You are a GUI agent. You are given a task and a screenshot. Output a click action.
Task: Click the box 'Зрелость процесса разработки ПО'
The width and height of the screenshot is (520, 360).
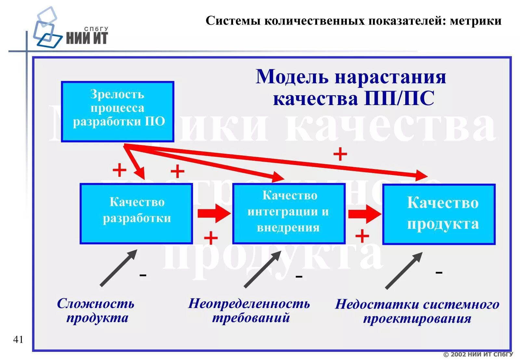117,112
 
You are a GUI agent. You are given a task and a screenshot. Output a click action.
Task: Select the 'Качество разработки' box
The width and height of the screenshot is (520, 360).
136,213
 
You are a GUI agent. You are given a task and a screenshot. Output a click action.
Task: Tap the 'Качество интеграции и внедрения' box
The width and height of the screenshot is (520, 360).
289,213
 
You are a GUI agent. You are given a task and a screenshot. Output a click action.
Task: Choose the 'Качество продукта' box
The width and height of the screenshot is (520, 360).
439,214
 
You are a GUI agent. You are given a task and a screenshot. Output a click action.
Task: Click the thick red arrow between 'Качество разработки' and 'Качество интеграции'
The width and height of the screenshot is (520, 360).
214,213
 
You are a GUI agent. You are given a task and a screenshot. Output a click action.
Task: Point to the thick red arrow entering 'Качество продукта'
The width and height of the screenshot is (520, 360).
364,214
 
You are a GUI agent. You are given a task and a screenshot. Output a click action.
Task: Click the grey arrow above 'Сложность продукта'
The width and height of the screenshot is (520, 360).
118,268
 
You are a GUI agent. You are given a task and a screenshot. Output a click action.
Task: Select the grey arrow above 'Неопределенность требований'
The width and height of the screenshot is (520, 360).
262,269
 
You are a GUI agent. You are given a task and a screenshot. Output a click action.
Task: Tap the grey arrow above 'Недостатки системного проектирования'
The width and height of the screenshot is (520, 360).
404,271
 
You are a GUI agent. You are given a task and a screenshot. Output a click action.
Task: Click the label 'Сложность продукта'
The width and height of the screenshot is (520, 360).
96,310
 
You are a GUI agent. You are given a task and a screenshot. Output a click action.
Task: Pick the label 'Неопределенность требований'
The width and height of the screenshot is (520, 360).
249,310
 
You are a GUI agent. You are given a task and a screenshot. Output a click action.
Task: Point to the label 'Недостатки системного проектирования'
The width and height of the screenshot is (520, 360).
417,311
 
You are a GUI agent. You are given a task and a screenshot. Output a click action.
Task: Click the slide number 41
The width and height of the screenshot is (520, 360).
18,340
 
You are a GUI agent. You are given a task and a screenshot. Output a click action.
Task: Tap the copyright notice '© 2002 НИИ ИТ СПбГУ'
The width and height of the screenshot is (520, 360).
478,354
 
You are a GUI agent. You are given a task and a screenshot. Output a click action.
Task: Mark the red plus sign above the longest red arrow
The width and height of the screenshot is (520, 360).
340,154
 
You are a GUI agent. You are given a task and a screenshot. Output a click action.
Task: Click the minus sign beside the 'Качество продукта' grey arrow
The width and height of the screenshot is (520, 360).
439,272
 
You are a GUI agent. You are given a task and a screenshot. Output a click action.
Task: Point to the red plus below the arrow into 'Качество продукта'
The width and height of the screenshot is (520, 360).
362,236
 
